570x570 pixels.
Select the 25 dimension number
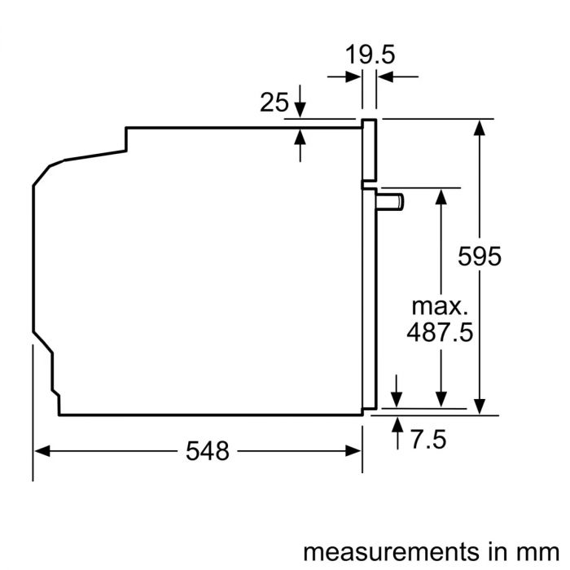click(x=274, y=103)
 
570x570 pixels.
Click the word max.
click(x=441, y=307)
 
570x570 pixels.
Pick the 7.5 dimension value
click(x=428, y=441)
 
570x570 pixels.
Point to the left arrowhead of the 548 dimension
click(x=41, y=450)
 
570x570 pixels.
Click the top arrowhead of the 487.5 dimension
click(x=441, y=196)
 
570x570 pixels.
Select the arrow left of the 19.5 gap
click(x=355, y=77)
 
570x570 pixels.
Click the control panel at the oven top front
click(x=370, y=151)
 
